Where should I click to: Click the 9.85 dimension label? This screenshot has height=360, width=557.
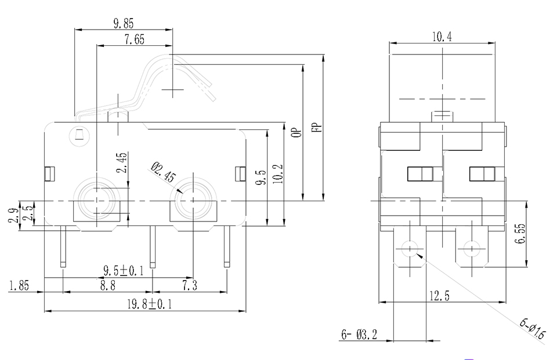[124, 24]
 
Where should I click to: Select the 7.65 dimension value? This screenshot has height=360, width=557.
[134, 39]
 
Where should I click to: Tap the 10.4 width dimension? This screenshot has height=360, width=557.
[442, 37]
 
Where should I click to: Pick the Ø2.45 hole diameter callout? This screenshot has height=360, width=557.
[162, 173]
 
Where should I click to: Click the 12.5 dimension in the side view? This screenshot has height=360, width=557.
[440, 296]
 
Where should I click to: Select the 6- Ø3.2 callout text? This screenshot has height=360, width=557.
[359, 334]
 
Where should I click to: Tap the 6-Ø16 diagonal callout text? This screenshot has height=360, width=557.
[532, 330]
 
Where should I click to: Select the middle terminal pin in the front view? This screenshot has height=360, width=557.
[153, 246]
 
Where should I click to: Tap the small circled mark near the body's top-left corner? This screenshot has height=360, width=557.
[77, 137]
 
